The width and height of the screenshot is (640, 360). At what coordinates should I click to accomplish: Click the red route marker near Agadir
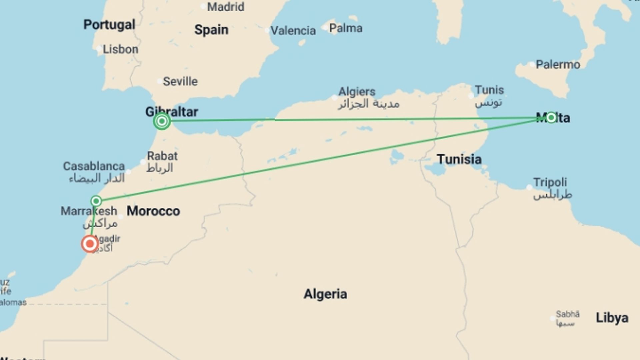pyautogui.click(x=90, y=244)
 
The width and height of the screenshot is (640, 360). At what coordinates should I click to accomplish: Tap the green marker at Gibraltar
pyautogui.click(x=162, y=121)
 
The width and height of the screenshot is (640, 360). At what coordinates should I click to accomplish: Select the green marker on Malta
pyautogui.click(x=551, y=117)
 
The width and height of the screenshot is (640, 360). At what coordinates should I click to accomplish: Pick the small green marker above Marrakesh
pyautogui.click(x=96, y=201)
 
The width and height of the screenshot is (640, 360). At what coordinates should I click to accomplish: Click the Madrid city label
pyautogui.click(x=226, y=7)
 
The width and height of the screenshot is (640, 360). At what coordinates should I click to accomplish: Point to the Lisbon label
pyautogui.click(x=120, y=49)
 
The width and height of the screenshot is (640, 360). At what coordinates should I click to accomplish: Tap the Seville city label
pyautogui.click(x=180, y=81)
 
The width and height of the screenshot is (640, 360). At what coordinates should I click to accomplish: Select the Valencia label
pyautogui.click(x=293, y=31)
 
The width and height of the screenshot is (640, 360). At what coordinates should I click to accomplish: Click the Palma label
pyautogui.click(x=346, y=28)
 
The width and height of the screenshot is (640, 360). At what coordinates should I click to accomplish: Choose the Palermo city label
pyautogui.click(x=558, y=64)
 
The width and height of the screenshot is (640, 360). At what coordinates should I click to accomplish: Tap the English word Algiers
pyautogui.click(x=357, y=91)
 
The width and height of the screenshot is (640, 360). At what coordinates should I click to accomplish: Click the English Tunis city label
pyautogui.click(x=489, y=90)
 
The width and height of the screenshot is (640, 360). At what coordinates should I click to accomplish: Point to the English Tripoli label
pyautogui.click(x=550, y=182)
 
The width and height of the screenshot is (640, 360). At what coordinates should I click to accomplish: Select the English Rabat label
pyautogui.click(x=162, y=156)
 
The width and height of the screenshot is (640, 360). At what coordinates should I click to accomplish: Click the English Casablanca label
pyautogui.click(x=94, y=166)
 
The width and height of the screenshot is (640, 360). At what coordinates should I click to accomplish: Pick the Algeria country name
pyautogui.click(x=325, y=294)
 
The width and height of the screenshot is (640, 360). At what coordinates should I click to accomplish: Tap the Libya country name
pyautogui.click(x=612, y=318)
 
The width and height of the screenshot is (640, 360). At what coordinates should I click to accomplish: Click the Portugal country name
pyautogui.click(x=109, y=24)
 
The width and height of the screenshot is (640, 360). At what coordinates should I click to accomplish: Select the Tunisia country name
pyautogui.click(x=459, y=159)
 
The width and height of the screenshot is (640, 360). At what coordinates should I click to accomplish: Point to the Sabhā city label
pyautogui.click(x=568, y=314)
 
